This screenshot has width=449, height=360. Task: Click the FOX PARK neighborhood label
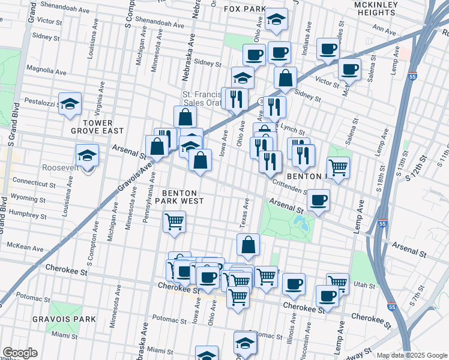pos(244,9)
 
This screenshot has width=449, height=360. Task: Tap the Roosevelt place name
pos(61,168)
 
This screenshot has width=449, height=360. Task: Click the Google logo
pos(20,353)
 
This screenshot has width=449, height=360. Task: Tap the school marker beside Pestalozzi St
pos(70,104)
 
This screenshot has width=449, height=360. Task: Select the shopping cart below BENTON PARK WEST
pos(174,222)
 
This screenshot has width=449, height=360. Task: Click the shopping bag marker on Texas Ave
pos(248,245)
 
